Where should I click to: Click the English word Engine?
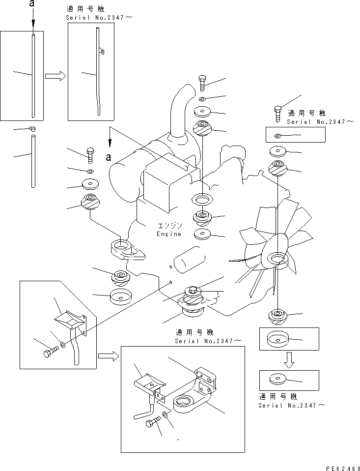click(169, 234)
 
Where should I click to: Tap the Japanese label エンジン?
click(169, 226)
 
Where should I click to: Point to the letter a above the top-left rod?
click(32, 4)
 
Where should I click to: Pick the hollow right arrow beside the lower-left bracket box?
click(107, 355)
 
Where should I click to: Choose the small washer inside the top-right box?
click(278, 136)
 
